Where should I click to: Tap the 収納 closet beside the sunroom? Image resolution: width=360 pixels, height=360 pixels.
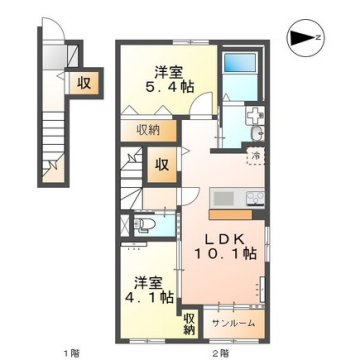(189, 322)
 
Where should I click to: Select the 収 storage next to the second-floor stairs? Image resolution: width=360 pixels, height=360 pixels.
(160, 165)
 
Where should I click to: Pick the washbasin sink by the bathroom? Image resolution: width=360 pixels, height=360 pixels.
(255, 133)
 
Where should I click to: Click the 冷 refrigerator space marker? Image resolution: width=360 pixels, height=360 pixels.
(255, 158)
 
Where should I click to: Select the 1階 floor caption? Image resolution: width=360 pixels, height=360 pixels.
(71, 351)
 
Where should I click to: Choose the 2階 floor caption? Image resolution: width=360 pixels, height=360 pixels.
(214, 351)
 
